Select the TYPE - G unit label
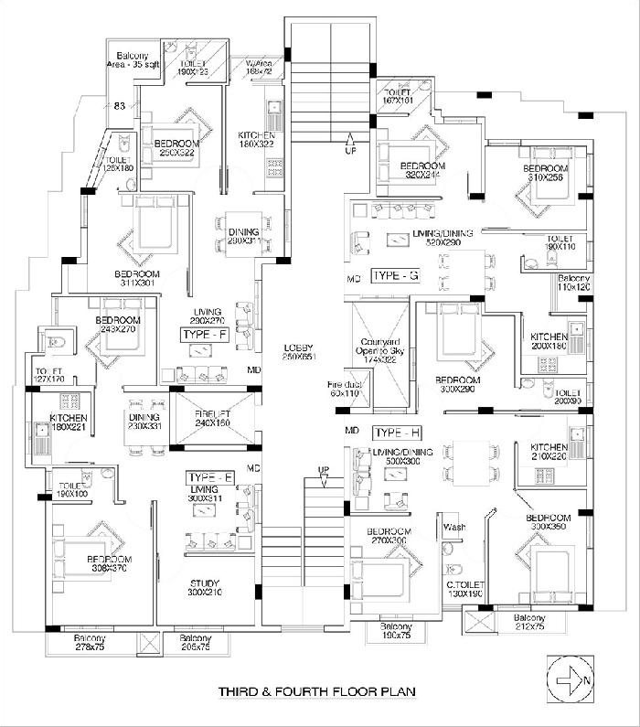click(x=395, y=275)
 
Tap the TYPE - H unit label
click(x=396, y=432)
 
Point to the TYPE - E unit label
click(x=209, y=477)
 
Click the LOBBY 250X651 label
click(x=299, y=352)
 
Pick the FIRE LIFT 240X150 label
click(x=212, y=418)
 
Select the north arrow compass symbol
click(x=570, y=679)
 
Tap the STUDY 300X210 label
click(x=204, y=588)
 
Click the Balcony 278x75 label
click(x=90, y=642)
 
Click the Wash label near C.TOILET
click(x=453, y=528)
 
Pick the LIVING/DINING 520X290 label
click(x=443, y=239)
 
